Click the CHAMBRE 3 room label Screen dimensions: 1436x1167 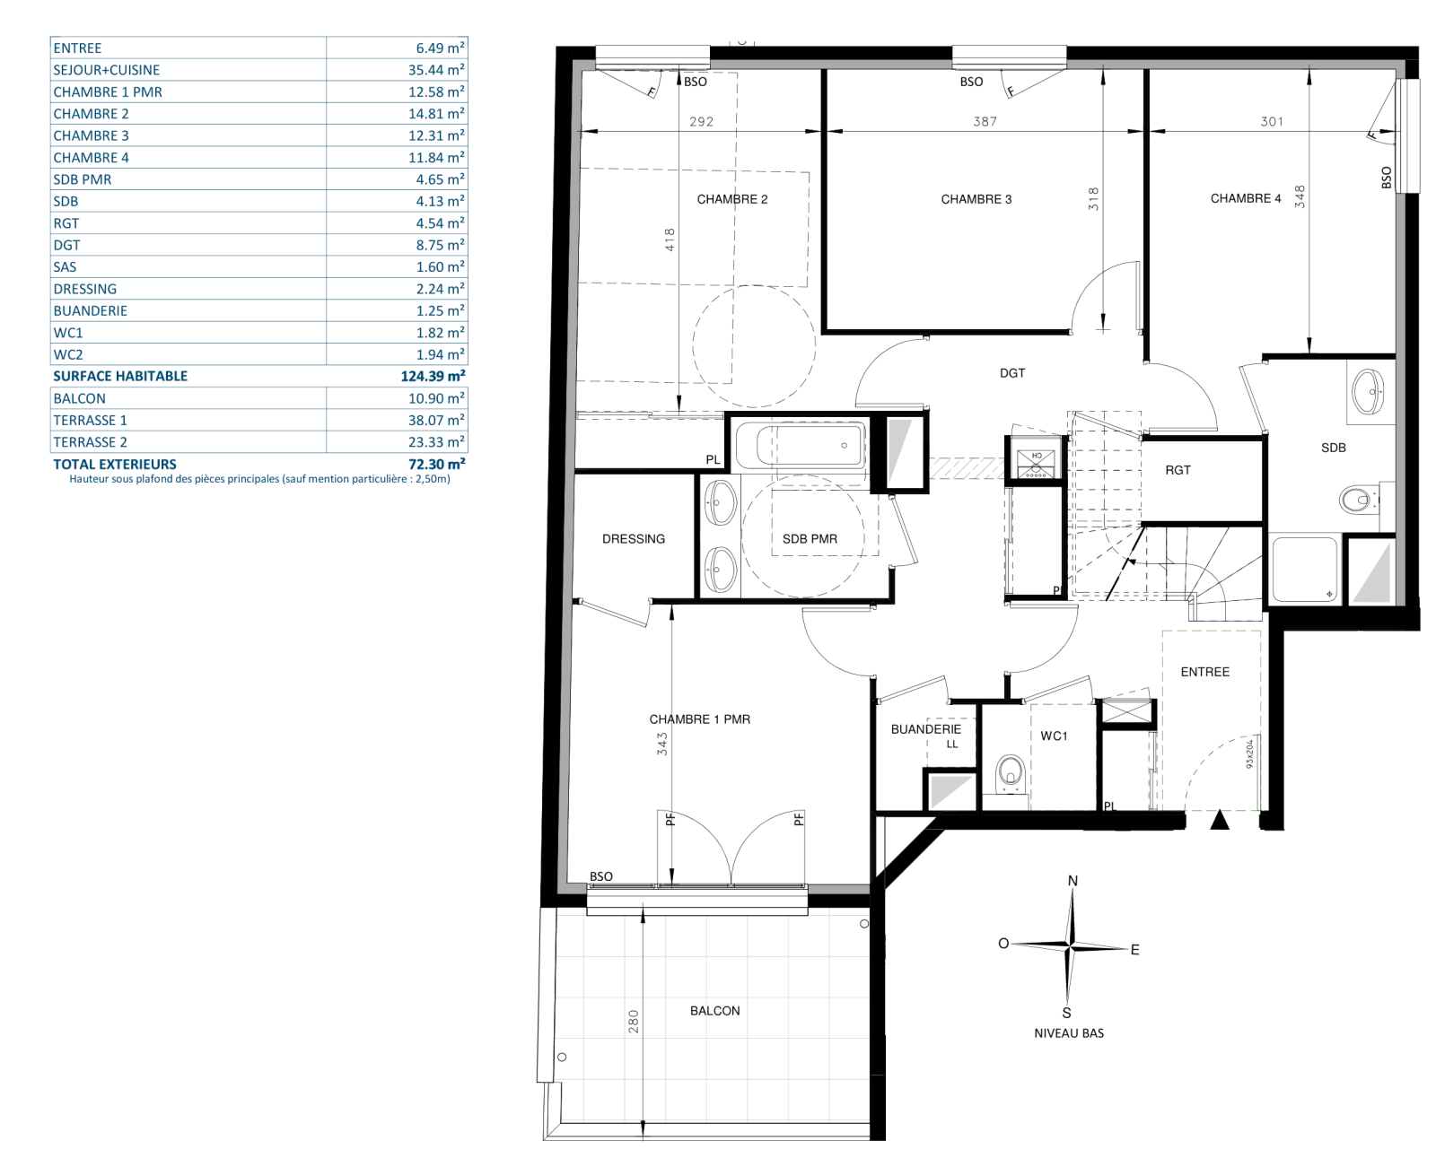point(976,199)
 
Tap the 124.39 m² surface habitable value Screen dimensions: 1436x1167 point(433,376)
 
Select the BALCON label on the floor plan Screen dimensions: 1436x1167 point(714,1011)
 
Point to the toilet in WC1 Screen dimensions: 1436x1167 point(1010,773)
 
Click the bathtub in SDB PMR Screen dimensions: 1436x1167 point(801,446)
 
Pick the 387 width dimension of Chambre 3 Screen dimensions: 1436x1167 point(985,121)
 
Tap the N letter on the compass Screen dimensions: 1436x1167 point(1073,881)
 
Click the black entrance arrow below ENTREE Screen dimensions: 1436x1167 point(1220,820)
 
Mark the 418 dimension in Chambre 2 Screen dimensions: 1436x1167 point(669,239)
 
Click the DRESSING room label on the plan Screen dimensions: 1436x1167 point(633,539)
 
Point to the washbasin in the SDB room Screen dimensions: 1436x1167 point(1368,391)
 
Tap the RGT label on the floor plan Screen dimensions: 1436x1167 point(1178,470)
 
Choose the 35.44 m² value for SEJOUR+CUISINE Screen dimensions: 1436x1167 point(435,69)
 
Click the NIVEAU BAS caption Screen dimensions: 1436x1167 point(1069,1033)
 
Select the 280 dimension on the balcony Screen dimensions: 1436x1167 point(633,1022)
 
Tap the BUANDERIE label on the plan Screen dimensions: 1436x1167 point(925,729)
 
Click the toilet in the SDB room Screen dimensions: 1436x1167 point(1357,501)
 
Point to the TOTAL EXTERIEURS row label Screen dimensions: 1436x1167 point(115,465)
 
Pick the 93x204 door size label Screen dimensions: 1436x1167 point(1248,754)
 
